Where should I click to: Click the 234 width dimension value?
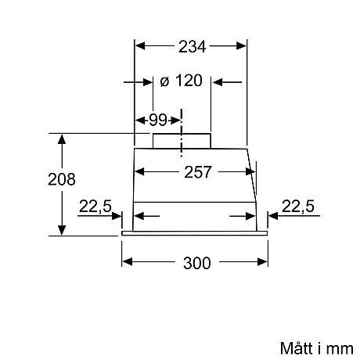(x=191, y=46)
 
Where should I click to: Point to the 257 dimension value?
(x=197, y=173)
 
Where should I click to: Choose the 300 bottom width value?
(x=196, y=263)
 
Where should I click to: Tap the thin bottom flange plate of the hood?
(x=196, y=233)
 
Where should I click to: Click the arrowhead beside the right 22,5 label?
(x=273, y=217)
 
